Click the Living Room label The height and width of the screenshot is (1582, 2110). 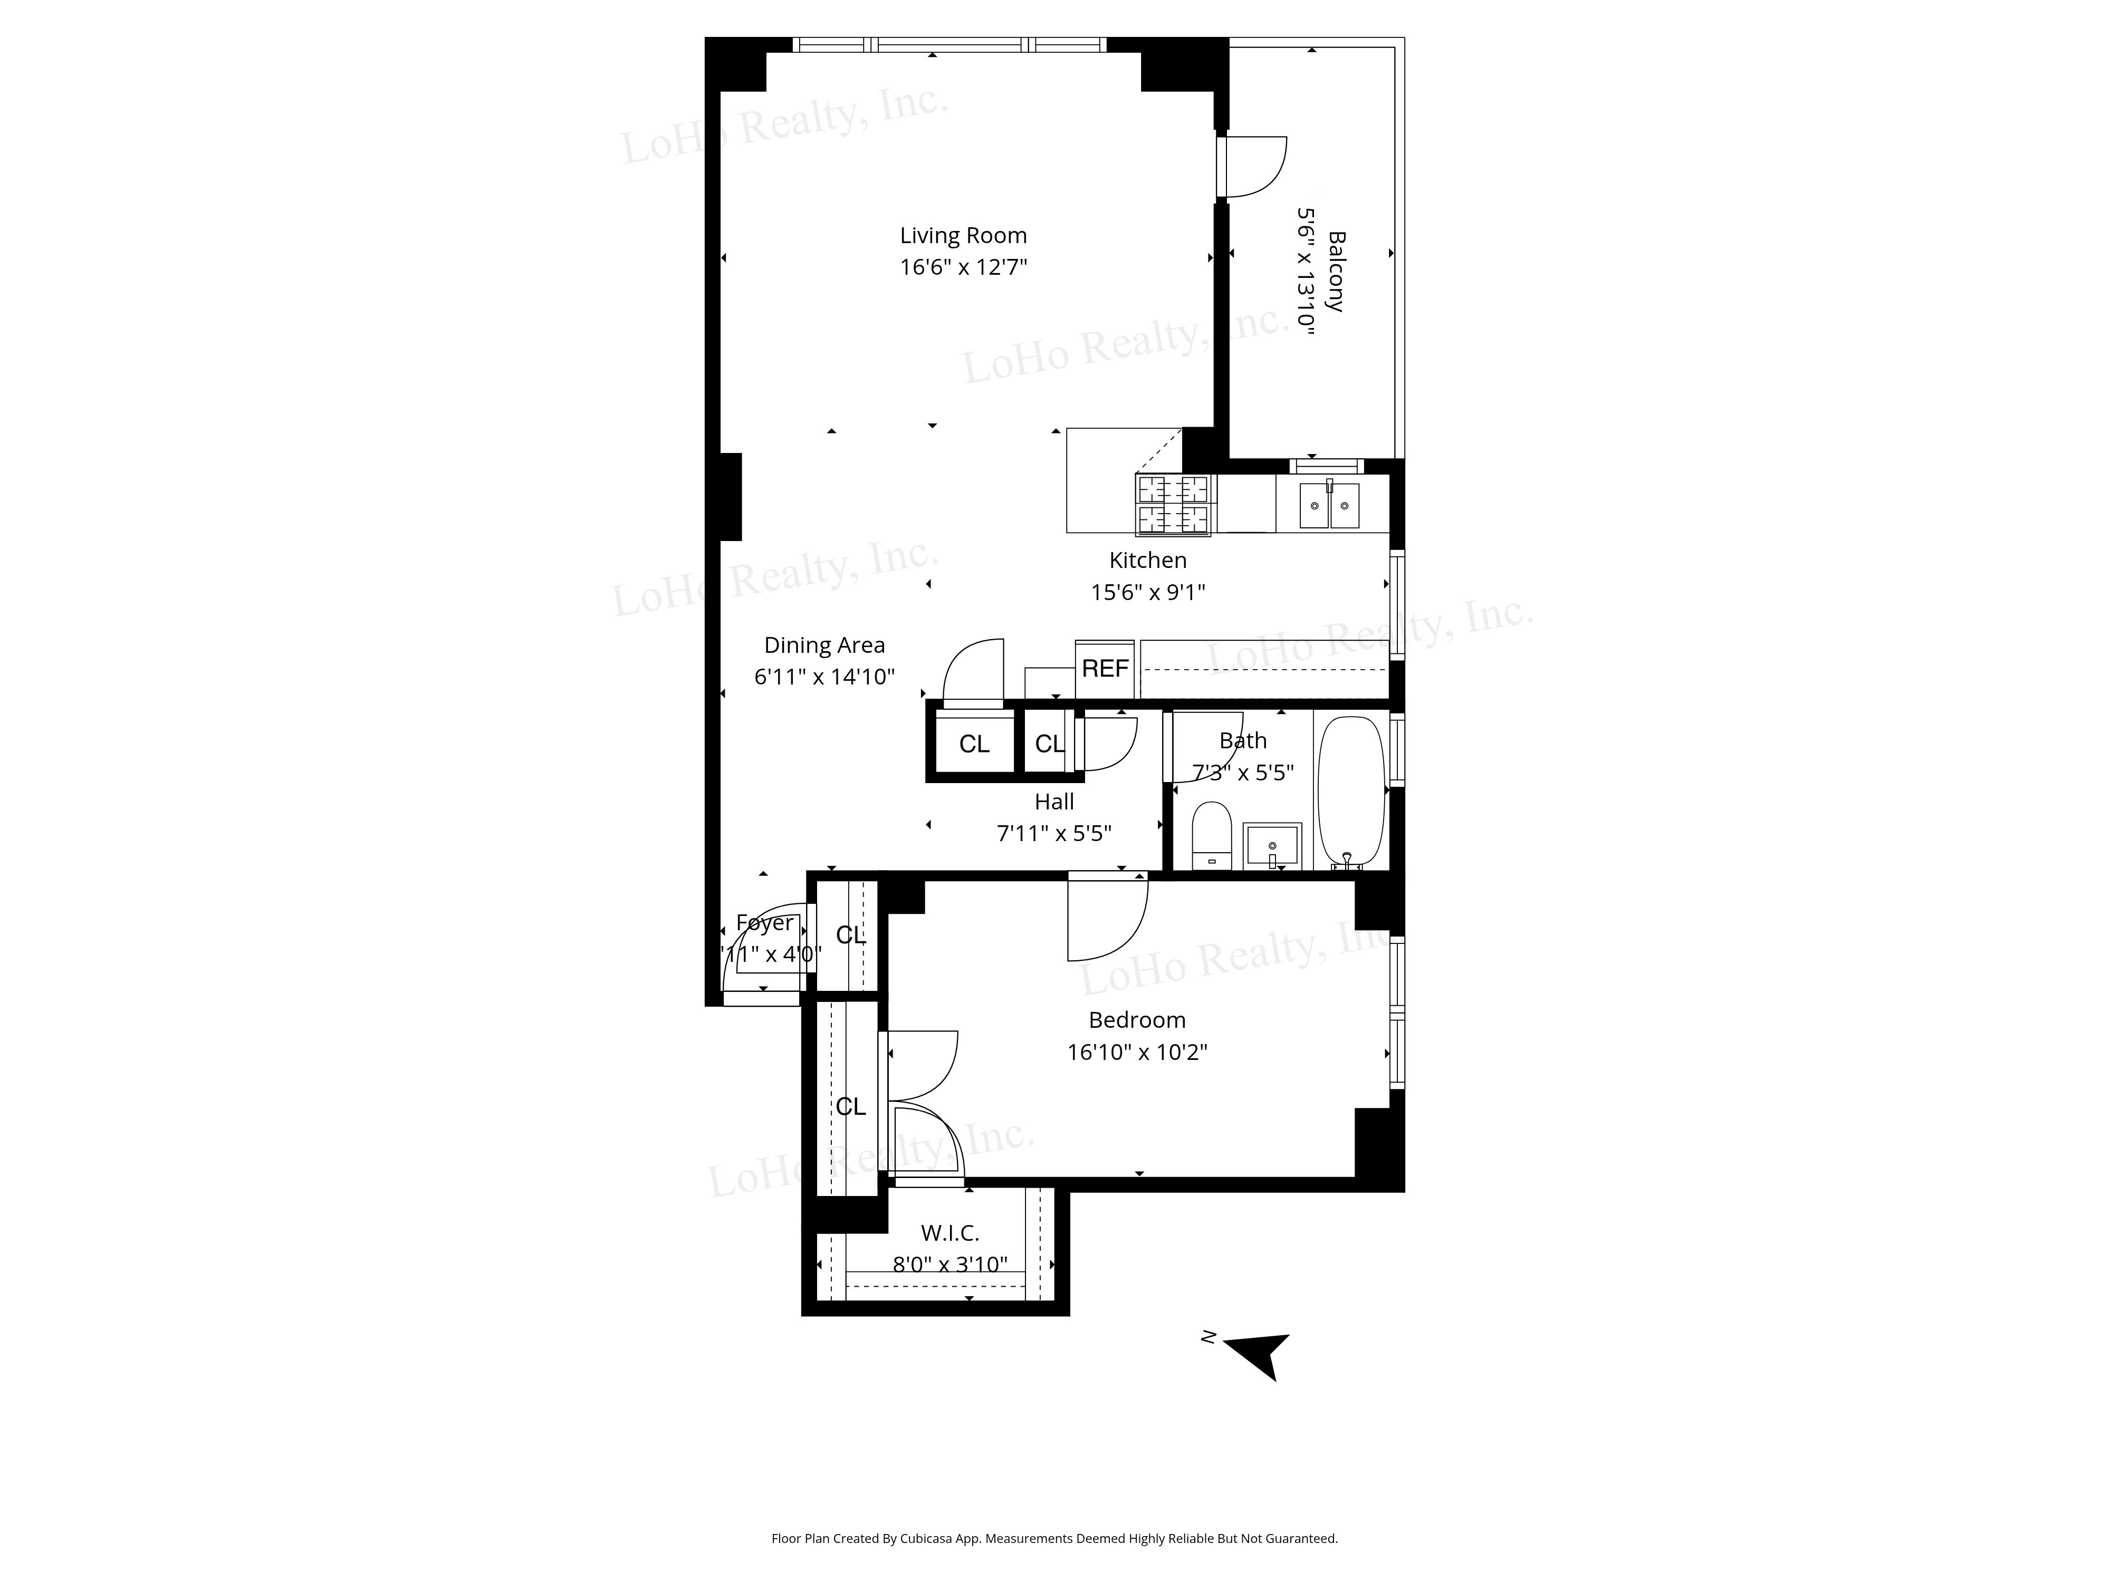(x=963, y=236)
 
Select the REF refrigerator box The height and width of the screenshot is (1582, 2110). (x=1105, y=669)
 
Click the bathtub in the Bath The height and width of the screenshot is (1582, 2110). (x=1351, y=792)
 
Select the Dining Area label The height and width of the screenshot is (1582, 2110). (x=824, y=645)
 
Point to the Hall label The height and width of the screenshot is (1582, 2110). (x=1054, y=802)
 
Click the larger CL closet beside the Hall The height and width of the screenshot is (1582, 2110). (x=974, y=744)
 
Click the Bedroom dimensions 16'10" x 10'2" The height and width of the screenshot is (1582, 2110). (x=1137, y=1052)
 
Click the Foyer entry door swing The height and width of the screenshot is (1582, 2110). (x=763, y=949)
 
